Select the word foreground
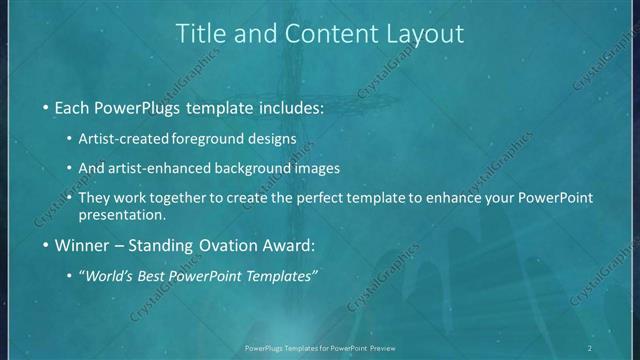tap(234, 138)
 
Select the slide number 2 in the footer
tap(589, 347)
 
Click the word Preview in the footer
tap(381, 347)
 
